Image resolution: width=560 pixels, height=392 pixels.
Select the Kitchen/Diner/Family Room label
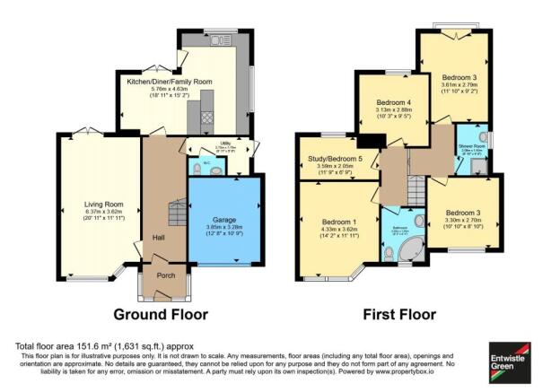pos(170,82)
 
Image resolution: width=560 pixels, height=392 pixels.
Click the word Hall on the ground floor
pos(159,238)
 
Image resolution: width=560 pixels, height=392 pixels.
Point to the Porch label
pos(166,275)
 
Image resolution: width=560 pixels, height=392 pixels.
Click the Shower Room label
pos(472,145)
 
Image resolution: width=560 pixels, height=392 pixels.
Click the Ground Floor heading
pos(161,315)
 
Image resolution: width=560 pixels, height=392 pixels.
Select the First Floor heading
pos(400,315)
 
